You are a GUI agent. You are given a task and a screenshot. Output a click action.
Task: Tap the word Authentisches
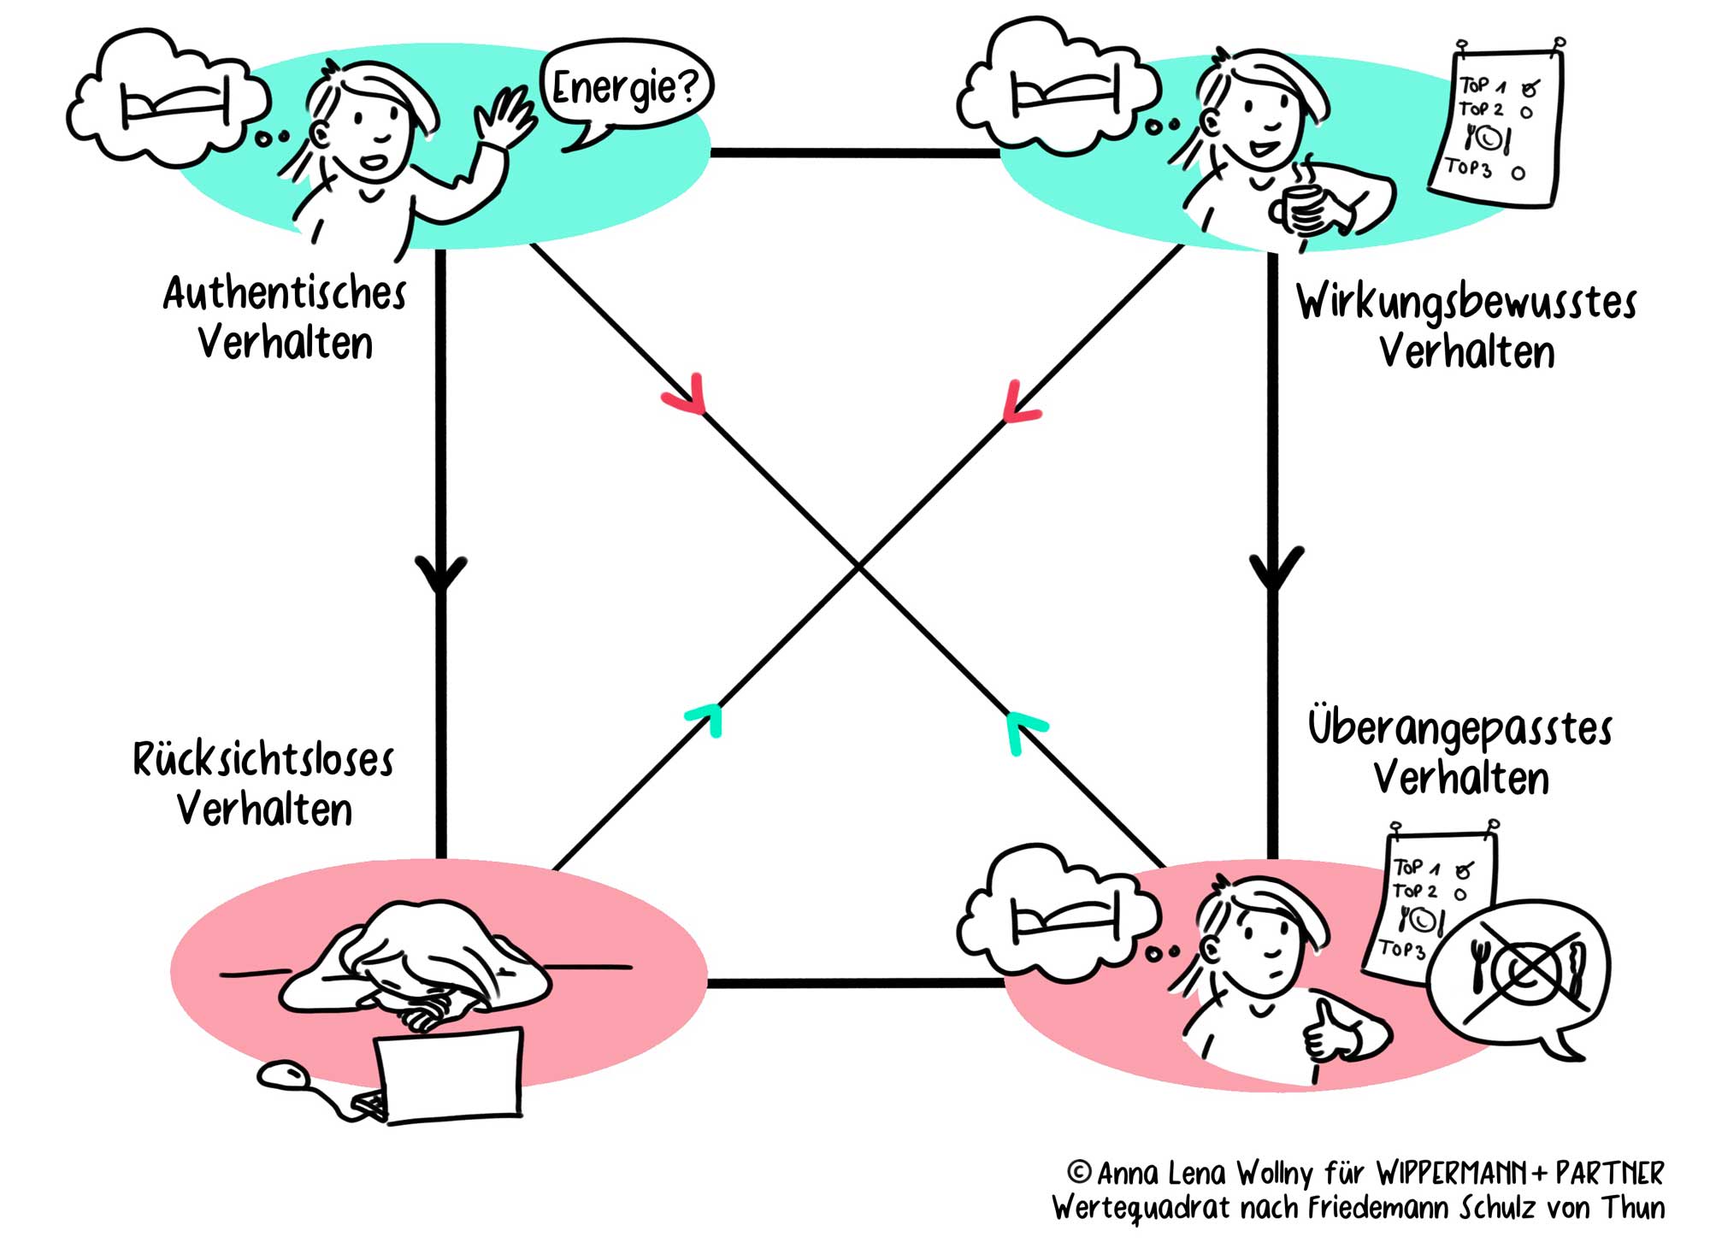tap(285, 294)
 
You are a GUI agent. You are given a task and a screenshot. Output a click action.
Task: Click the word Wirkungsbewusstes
tap(1465, 303)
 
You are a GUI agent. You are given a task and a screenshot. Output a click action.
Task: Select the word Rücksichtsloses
tap(263, 759)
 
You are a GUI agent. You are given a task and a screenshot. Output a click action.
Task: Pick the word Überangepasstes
tap(1459, 729)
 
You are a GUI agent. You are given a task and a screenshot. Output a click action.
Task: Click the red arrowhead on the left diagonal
tap(688, 397)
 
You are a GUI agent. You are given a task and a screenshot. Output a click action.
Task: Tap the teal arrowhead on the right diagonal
tap(1021, 729)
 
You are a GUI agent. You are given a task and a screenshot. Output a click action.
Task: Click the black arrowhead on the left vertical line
tap(441, 573)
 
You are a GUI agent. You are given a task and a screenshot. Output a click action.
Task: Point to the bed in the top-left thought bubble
tap(175, 104)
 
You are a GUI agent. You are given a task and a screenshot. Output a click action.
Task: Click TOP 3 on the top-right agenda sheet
tap(1468, 167)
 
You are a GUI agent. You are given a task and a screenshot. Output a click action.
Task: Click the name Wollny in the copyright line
tap(1274, 1174)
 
